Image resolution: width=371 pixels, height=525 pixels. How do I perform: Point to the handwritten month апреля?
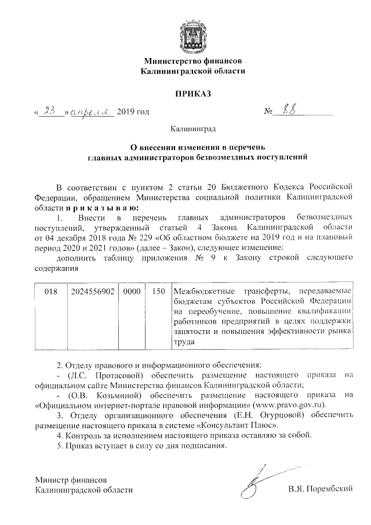(x=92, y=111)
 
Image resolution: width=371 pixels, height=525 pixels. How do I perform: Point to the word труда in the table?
(x=184, y=342)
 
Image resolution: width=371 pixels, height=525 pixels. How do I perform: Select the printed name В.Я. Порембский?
(x=321, y=490)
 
